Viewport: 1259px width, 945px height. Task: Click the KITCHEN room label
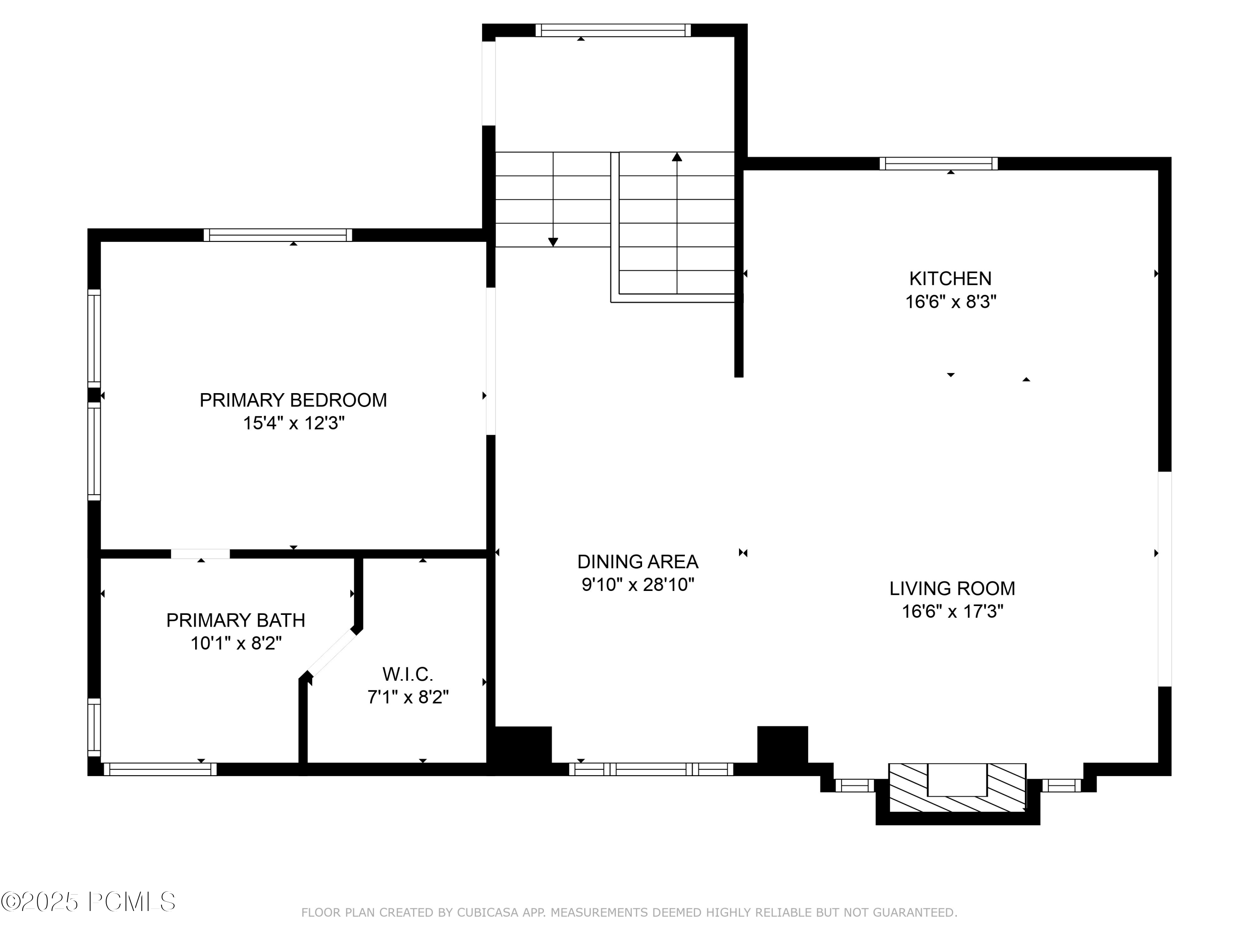pos(950,278)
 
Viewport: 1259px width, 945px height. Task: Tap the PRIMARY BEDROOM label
pos(293,400)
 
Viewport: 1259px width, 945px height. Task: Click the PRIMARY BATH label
pos(235,620)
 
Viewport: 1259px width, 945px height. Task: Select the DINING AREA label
pos(637,562)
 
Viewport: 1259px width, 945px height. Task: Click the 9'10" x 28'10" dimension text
pos(637,585)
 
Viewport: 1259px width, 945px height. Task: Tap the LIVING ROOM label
pos(952,588)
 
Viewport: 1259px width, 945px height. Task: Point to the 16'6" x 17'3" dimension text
pos(952,611)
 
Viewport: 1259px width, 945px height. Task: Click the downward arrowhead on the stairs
pos(553,242)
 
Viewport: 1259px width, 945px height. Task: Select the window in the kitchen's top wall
pos(938,163)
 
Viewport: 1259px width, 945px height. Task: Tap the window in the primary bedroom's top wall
pos(278,235)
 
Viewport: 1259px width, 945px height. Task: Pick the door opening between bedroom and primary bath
pos(200,554)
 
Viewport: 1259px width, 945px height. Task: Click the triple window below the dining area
pos(651,769)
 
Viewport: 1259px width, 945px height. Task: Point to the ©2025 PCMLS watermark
pos(88,902)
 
